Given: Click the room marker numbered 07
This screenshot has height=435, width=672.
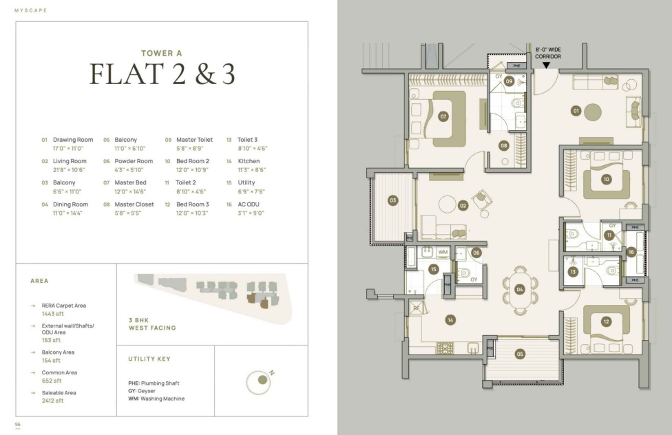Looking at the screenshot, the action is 443,116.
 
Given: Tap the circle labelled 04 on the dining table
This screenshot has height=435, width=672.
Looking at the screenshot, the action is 520,289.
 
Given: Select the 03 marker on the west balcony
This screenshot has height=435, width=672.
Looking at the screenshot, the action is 392,200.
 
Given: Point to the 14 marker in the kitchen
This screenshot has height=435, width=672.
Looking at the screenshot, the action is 450,320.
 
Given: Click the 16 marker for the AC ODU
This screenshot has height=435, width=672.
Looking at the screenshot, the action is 631,252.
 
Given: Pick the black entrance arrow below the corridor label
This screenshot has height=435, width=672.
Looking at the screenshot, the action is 547,65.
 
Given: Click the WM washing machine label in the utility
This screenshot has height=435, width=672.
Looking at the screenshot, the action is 443,252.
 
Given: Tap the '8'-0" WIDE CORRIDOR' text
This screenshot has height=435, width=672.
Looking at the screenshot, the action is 547,53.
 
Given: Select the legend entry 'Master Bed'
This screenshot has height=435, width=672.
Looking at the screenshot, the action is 130,182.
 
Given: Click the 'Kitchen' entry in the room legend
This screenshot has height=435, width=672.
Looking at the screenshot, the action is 249,161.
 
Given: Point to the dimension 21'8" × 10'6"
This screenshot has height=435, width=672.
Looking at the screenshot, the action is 69,170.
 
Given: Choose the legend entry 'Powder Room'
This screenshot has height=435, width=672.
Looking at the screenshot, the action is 134,161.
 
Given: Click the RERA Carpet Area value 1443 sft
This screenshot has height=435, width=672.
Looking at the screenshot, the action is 53,314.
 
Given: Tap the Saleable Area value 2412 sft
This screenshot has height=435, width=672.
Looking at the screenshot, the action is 53,401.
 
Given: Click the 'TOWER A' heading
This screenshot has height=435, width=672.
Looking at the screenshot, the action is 162,53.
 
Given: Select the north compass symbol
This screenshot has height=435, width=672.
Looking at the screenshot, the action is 260,381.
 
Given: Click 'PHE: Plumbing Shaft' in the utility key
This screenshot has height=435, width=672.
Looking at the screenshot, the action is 154,383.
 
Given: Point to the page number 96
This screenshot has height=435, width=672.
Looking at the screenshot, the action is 18,424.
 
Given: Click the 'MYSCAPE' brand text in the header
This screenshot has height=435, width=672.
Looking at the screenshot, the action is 31,10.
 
